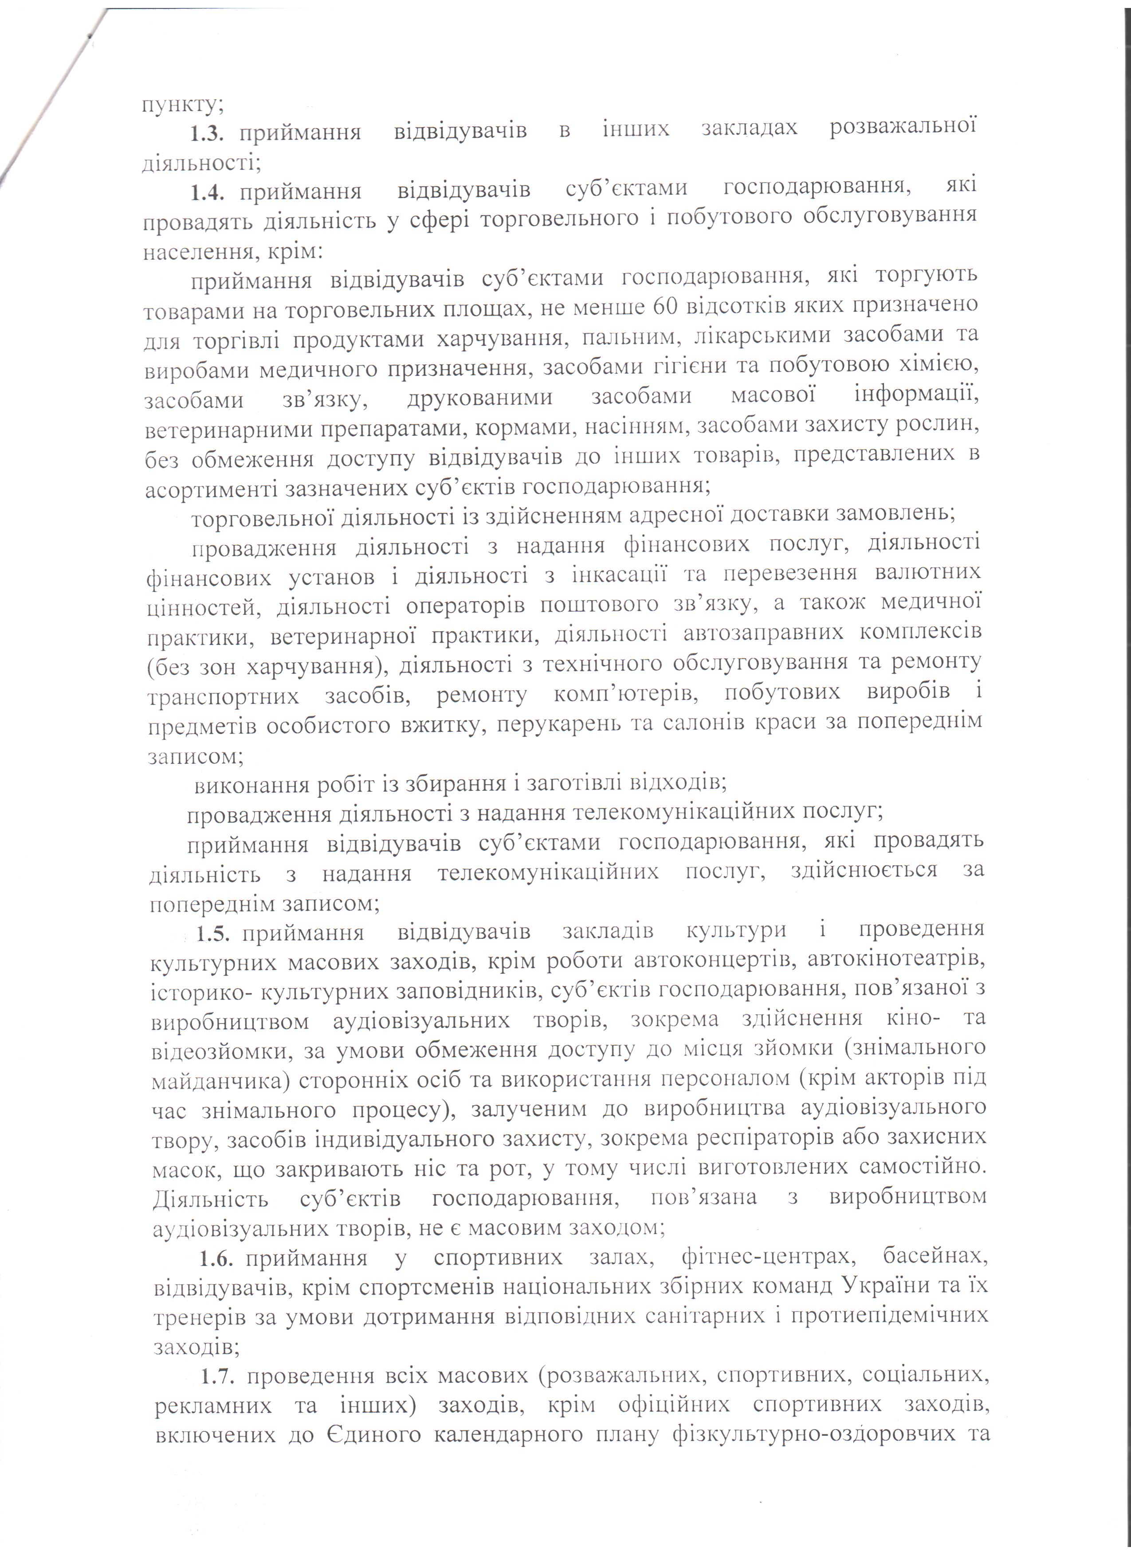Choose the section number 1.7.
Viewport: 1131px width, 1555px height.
coord(220,1377)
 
